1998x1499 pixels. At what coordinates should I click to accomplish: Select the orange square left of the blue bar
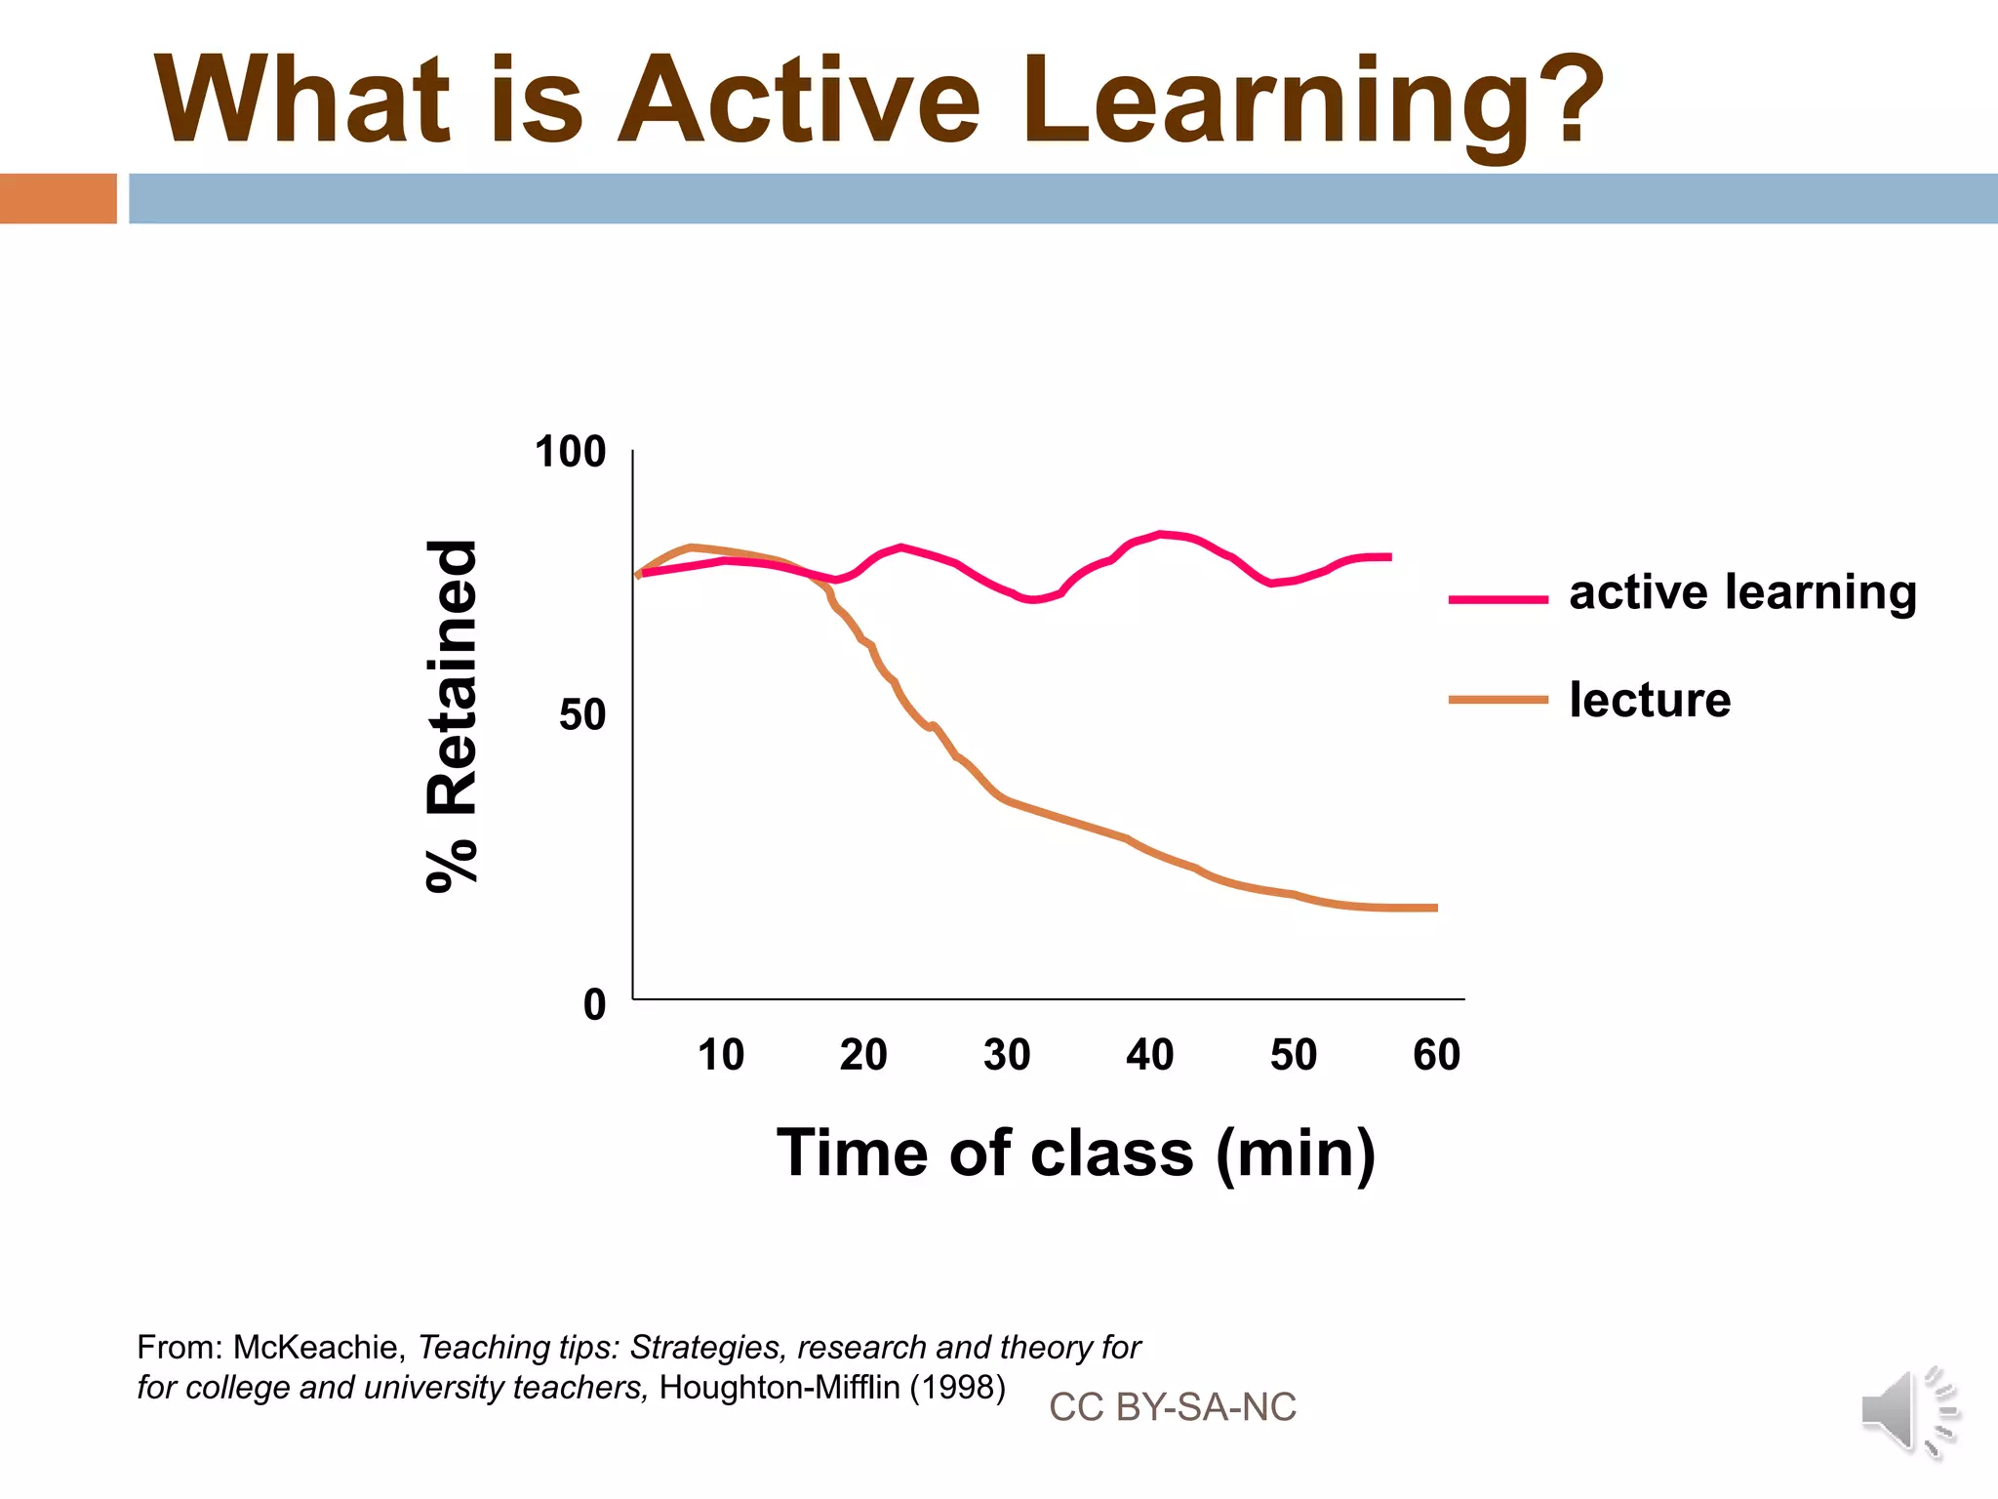point(58,198)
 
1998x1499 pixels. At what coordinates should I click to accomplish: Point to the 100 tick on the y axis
point(570,452)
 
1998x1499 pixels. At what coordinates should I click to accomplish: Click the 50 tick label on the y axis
point(581,715)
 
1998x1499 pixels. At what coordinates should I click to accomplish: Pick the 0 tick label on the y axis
point(594,1004)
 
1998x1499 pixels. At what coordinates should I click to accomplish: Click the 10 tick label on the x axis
point(720,1055)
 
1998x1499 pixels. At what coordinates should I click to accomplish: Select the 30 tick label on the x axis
point(1006,1055)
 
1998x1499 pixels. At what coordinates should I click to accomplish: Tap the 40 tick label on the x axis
point(1149,1055)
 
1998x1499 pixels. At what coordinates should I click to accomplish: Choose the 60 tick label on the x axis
point(1436,1055)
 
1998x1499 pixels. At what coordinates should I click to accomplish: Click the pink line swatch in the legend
point(1498,599)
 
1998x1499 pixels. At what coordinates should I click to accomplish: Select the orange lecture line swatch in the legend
point(1498,700)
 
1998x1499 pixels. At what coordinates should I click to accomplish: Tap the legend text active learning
point(1742,592)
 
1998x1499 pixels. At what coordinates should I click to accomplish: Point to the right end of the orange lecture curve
point(1434,908)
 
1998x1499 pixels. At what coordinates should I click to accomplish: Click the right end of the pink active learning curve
point(1388,557)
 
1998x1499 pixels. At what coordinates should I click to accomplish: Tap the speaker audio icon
point(1907,1410)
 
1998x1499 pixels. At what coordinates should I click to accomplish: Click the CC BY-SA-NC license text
point(1172,1406)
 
